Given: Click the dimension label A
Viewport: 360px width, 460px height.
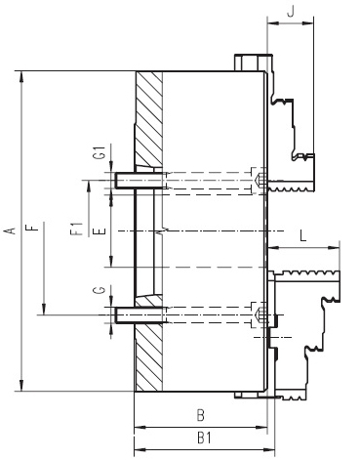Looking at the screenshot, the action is pyautogui.click(x=12, y=230).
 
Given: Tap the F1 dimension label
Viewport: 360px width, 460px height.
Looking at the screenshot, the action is pyautogui.click(x=76, y=229).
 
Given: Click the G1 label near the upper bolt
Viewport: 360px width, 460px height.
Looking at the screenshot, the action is pyautogui.click(x=100, y=152).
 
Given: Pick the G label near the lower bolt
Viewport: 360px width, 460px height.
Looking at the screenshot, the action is pyautogui.click(x=100, y=290).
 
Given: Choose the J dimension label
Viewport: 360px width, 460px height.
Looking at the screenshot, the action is pyautogui.click(x=291, y=11).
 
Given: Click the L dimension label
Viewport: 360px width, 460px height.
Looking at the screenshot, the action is pyautogui.click(x=303, y=235).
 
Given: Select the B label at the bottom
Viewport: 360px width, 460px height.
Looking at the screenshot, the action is pyautogui.click(x=201, y=416).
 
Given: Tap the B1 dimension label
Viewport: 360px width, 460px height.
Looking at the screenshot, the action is pyautogui.click(x=204, y=438).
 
